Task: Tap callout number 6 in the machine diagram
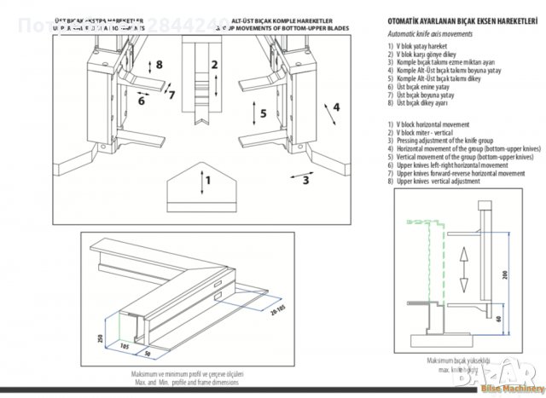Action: point(142,101)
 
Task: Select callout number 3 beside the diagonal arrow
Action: point(306,180)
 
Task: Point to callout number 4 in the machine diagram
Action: point(336,107)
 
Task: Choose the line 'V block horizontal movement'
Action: point(432,124)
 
